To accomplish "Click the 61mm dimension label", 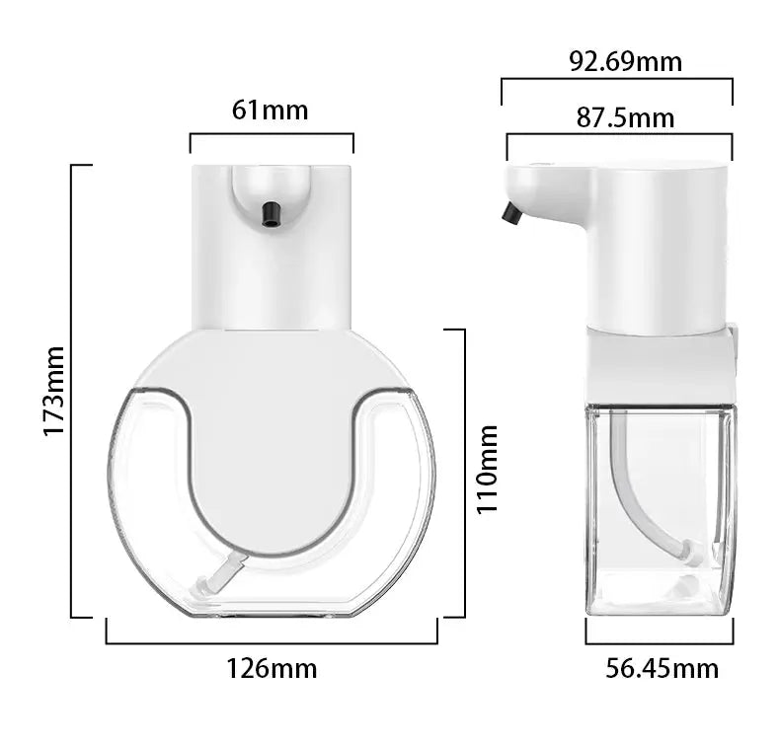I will [270, 110].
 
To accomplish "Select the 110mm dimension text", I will [488, 469].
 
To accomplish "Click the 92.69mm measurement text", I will [625, 61].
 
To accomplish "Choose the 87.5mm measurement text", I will [625, 118].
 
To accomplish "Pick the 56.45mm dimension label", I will [662, 669].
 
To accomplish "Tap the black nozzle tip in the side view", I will [511, 213].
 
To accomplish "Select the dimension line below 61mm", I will [272, 134].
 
